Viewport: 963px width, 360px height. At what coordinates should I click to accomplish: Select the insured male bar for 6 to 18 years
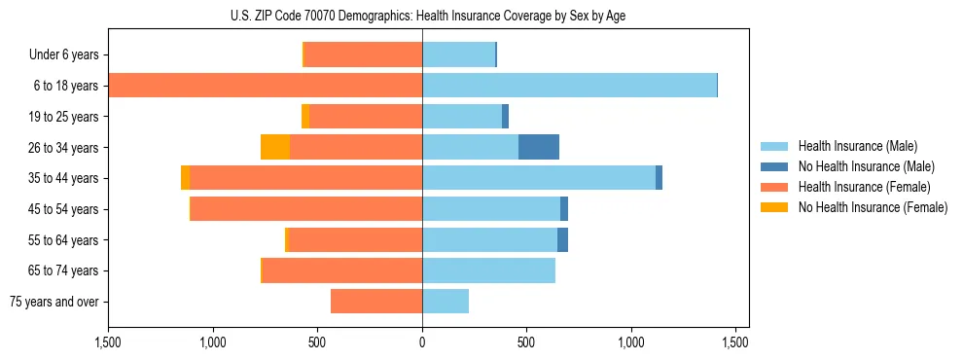point(569,86)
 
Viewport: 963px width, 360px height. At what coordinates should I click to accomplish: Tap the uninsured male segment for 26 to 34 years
point(539,147)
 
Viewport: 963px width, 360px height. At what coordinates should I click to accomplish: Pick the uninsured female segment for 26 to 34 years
point(275,147)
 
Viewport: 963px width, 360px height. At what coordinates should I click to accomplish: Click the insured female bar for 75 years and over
point(376,302)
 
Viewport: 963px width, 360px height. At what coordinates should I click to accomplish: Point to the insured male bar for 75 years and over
point(446,302)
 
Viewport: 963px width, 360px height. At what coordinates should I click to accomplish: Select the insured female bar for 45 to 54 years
point(306,209)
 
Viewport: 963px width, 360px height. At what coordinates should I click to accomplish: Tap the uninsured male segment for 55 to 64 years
point(562,239)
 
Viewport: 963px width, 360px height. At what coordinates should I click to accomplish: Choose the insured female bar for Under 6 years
point(363,54)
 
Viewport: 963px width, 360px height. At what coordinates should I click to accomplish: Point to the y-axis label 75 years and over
point(54,302)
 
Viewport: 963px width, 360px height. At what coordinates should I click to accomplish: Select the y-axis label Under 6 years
point(64,54)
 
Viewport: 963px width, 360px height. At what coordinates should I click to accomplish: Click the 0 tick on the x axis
point(422,343)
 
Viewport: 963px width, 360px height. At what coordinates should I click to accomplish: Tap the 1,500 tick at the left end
point(108,343)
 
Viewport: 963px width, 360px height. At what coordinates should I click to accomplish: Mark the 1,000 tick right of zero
point(631,343)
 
